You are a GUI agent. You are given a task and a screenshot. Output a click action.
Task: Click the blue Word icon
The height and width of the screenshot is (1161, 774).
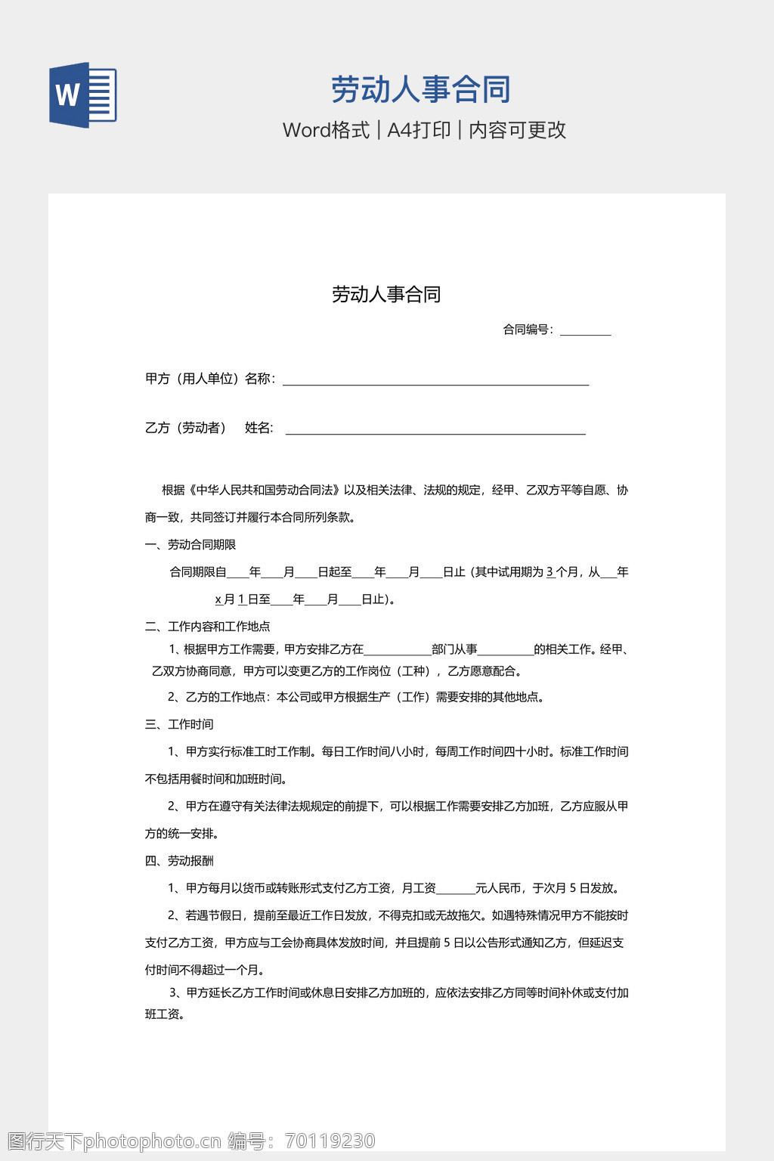pos(82,94)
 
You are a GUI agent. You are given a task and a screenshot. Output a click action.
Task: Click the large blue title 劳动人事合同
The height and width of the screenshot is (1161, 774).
pos(421,89)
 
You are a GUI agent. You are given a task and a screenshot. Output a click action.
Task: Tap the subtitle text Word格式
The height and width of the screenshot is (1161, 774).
pos(326,130)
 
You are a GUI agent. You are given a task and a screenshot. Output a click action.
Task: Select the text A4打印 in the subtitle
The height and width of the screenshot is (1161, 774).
pos(419,130)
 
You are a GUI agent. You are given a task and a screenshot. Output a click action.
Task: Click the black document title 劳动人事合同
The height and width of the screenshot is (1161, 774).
pos(386,294)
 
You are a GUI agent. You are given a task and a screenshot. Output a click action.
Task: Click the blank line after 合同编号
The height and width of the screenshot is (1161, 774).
pos(585,331)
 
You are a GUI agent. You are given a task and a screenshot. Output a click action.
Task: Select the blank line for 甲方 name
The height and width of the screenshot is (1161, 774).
pos(435,382)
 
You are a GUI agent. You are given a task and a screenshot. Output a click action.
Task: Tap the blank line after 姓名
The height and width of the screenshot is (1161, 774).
pos(435,431)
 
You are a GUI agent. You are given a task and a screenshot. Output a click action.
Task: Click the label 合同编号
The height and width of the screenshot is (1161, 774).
pos(528,330)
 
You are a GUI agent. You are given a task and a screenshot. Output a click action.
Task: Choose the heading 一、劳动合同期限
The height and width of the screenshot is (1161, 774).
pos(190,544)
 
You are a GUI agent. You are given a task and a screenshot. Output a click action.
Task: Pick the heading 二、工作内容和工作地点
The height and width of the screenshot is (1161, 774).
pos(208,626)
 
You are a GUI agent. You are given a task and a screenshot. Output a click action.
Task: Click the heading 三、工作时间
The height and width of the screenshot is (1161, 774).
pos(179,724)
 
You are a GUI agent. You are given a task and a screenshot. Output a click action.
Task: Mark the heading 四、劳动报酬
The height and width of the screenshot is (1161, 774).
pos(179,860)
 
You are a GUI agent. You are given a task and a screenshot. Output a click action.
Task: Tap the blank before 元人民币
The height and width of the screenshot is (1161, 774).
pos(456,890)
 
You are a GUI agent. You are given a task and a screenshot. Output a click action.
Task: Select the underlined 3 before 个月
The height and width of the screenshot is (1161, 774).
pos(550,572)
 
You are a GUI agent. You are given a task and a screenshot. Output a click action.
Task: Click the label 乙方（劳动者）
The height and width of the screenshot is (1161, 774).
pos(186,428)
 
